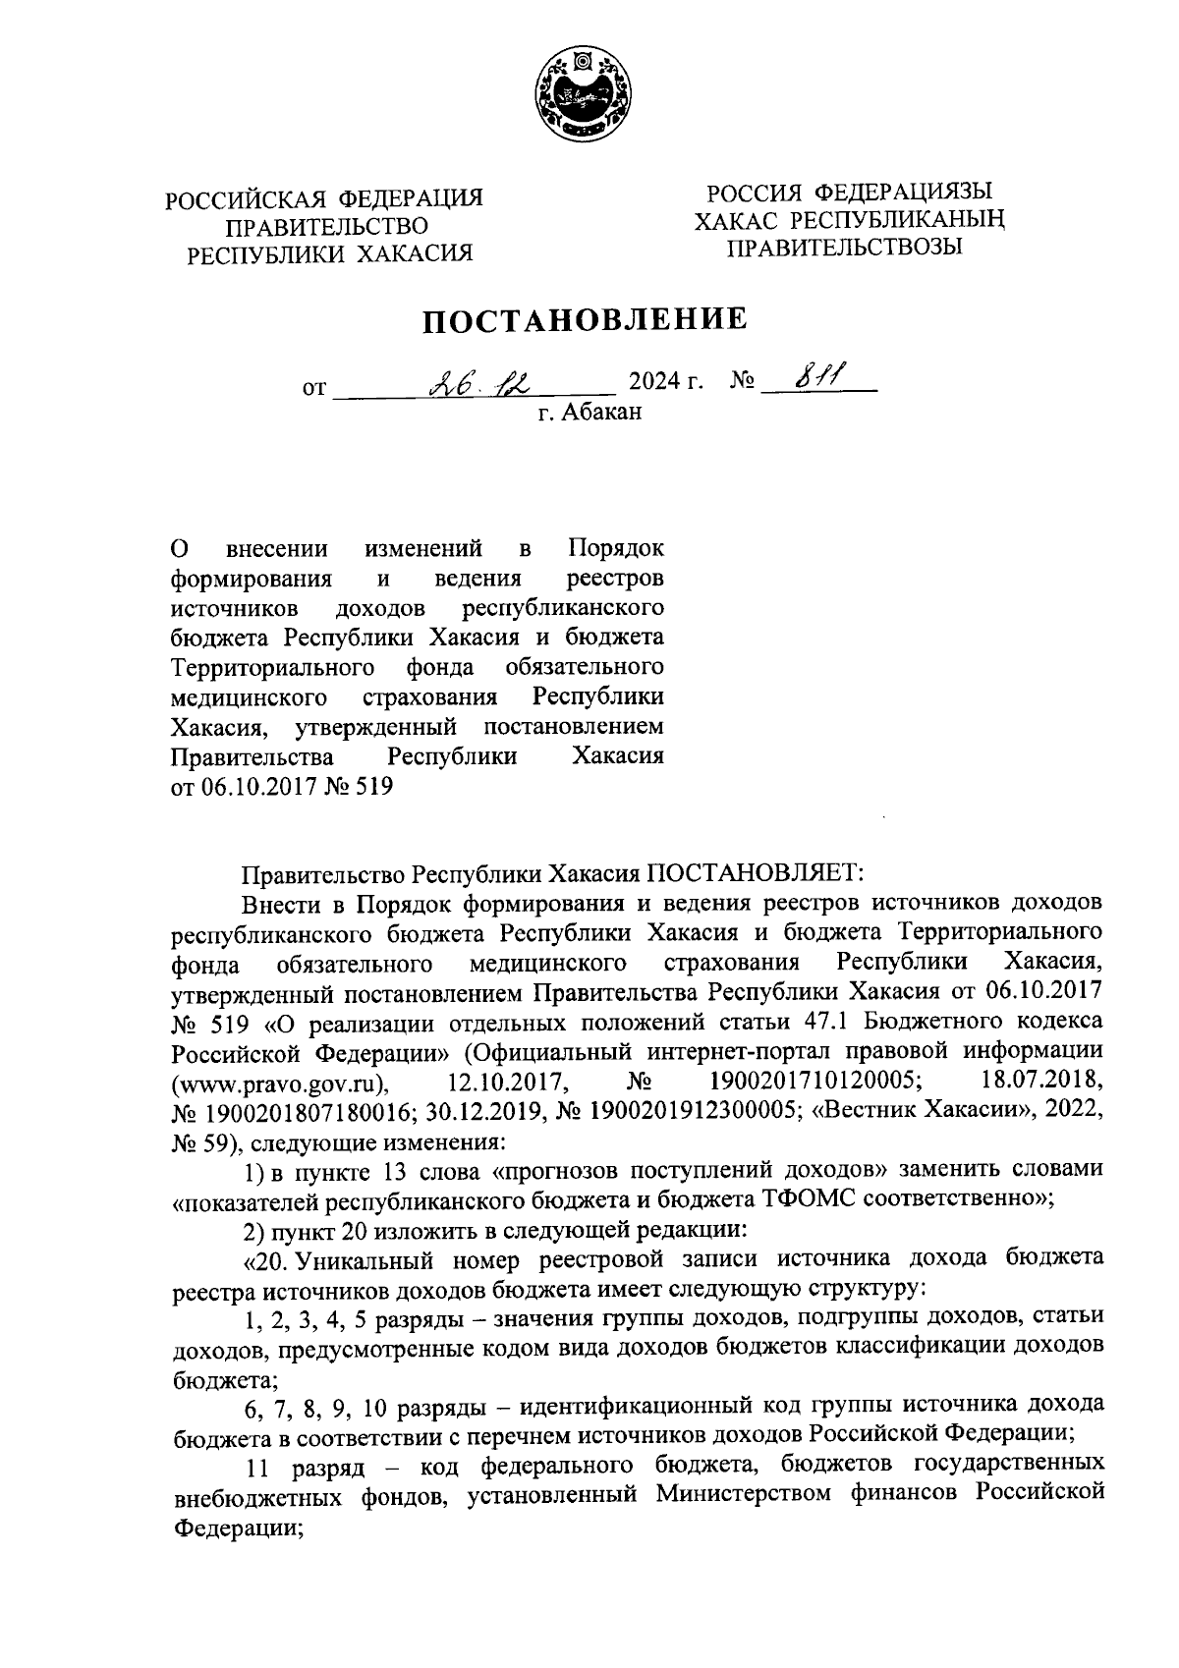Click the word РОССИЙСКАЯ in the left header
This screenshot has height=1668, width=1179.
[x=249, y=198]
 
